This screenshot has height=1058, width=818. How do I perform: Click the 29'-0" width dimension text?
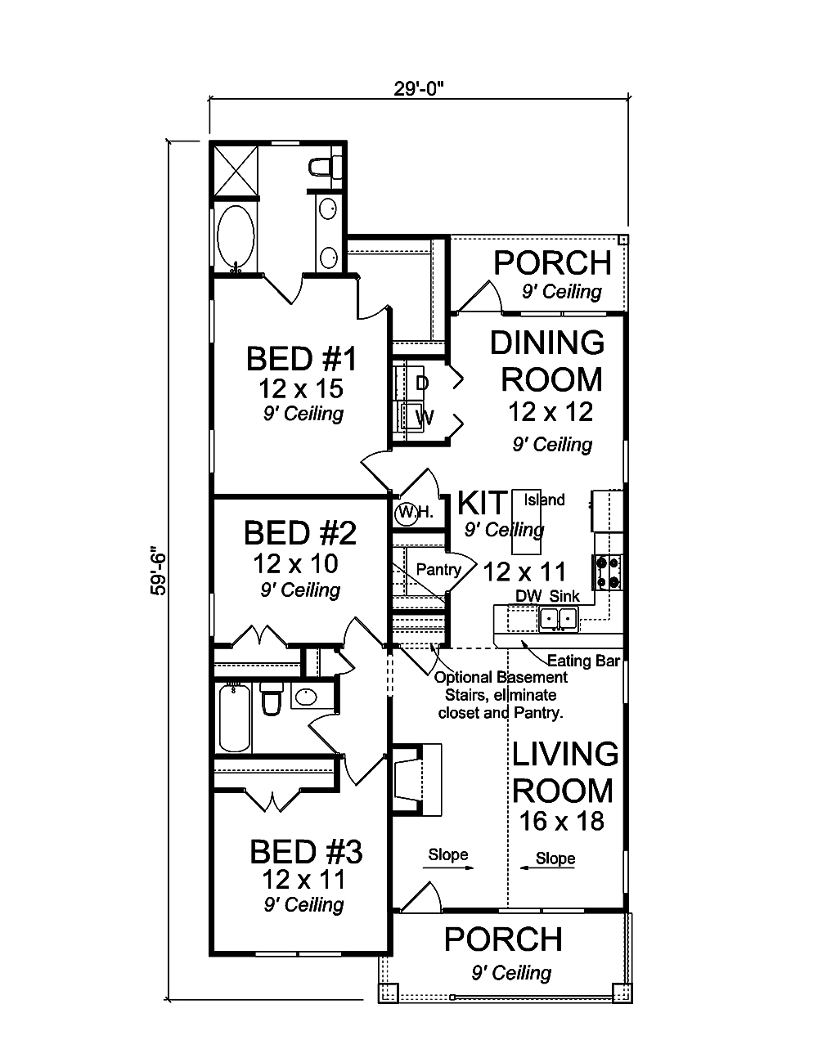click(x=418, y=89)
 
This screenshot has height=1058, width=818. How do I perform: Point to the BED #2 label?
click(x=300, y=533)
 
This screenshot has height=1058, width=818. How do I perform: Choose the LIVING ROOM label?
click(x=564, y=772)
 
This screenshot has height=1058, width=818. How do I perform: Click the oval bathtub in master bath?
click(x=237, y=237)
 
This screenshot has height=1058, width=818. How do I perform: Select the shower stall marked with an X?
click(x=236, y=170)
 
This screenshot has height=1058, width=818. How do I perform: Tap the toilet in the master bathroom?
click(x=326, y=167)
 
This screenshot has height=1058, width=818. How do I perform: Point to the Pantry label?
click(x=438, y=569)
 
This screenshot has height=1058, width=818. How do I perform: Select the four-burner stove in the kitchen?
click(x=609, y=572)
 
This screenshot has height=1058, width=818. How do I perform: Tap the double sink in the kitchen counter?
click(x=559, y=620)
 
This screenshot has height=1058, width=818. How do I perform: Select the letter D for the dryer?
click(x=421, y=383)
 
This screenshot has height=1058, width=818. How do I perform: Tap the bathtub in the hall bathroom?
click(x=235, y=717)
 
